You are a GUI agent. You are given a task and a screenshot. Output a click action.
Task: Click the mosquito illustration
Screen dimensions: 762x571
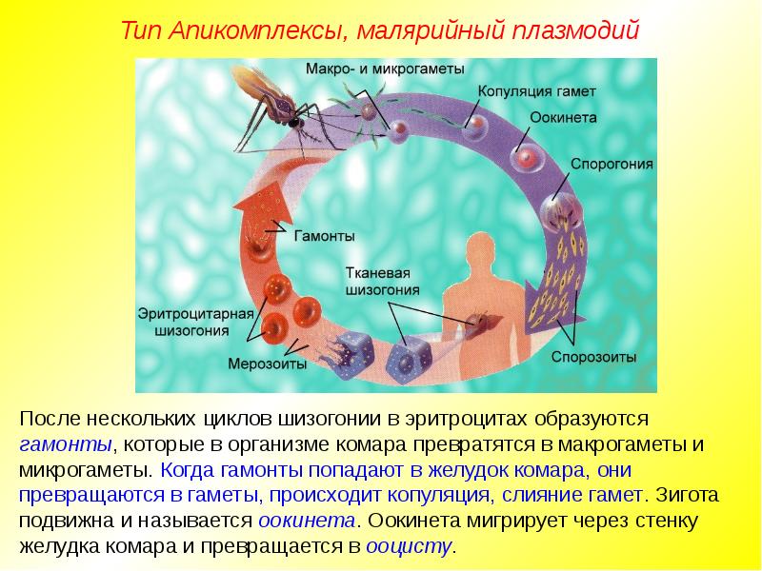277,109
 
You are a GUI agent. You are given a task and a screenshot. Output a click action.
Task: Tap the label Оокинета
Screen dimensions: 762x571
563,117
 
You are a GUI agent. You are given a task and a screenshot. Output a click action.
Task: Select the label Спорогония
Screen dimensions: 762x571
612,164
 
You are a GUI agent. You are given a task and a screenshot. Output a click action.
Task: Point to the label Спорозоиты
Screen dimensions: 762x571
593,358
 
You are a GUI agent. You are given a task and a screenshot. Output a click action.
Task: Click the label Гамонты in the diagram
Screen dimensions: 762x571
324,236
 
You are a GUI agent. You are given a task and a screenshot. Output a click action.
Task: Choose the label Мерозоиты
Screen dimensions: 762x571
268,364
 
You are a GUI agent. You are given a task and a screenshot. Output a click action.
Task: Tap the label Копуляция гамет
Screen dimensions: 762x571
536,91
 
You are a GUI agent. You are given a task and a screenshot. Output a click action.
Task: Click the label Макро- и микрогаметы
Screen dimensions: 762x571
385,69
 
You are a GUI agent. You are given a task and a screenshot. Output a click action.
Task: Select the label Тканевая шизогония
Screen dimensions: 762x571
382,282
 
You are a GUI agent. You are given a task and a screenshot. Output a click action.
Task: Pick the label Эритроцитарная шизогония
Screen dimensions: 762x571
196,322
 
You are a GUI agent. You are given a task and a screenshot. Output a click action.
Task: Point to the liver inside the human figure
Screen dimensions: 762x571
484,322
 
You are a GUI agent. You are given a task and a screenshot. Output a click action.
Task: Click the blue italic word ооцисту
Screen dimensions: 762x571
409,546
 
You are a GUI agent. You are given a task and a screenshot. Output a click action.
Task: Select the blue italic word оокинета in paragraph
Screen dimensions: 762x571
306,521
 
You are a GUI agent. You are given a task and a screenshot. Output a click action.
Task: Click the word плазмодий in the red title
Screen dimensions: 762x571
575,30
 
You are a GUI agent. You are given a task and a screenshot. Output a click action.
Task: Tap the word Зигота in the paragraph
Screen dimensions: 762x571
687,495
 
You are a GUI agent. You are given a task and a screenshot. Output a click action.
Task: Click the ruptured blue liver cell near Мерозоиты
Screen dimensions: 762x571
349,355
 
